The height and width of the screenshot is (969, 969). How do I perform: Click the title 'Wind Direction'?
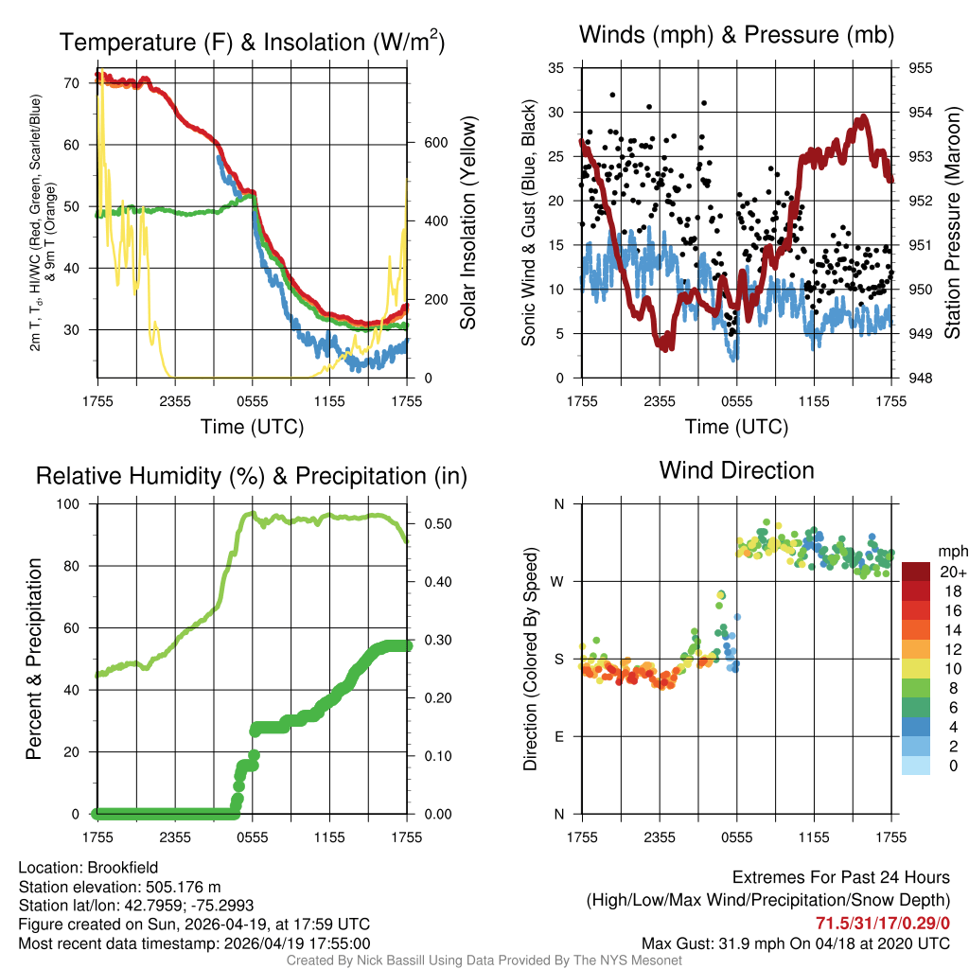pyautogui.click(x=736, y=469)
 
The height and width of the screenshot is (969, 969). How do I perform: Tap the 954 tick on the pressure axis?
pyautogui.click(x=921, y=113)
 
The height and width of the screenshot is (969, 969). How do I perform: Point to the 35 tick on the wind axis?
pyautogui.click(x=557, y=68)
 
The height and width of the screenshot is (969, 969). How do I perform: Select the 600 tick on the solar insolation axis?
pyautogui.click(x=434, y=143)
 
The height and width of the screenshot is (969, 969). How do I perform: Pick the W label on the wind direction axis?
pyautogui.click(x=558, y=581)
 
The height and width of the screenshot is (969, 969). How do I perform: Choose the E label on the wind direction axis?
pyautogui.click(x=559, y=736)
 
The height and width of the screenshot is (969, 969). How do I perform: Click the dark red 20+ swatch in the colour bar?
pyautogui.click(x=916, y=572)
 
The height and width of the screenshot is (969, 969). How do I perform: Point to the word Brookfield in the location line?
pyautogui.click(x=122, y=868)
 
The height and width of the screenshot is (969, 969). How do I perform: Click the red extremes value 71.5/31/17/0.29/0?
pyautogui.click(x=882, y=922)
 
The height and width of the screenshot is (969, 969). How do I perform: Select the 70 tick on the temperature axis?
pyautogui.click(x=79, y=83)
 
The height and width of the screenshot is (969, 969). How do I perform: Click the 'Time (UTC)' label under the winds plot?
pyautogui.click(x=736, y=427)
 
